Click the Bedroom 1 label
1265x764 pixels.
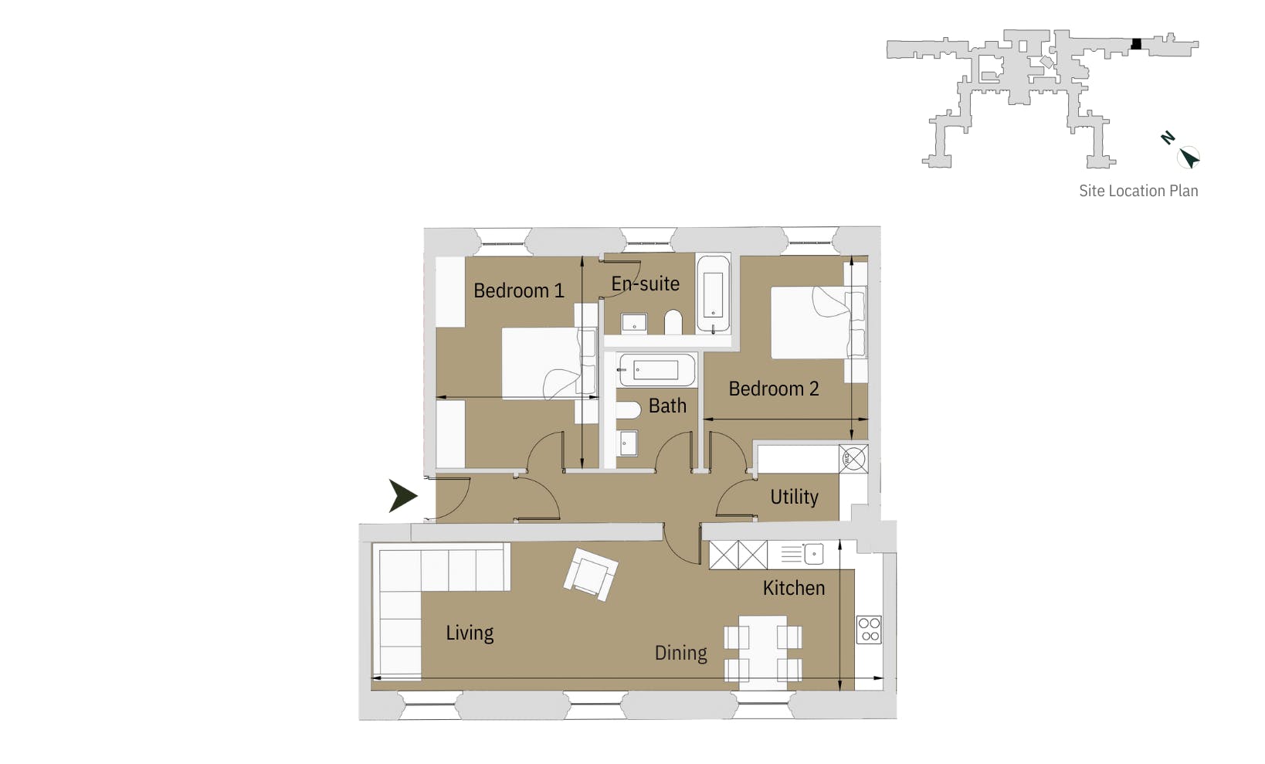[x=518, y=291]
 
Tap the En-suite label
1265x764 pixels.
[x=645, y=284]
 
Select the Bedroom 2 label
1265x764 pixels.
[x=773, y=389]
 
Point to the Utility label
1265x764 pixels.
[x=794, y=497]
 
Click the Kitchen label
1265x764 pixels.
[x=793, y=588]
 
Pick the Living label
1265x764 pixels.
[x=470, y=633]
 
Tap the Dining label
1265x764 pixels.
[x=680, y=653]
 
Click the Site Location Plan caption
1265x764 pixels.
[x=1138, y=191]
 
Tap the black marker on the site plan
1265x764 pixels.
[x=1135, y=44]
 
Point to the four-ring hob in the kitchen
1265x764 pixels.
[x=869, y=630]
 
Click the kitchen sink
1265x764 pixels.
[x=813, y=554]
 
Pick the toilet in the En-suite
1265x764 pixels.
[x=673, y=322]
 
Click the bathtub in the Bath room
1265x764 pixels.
[x=656, y=371]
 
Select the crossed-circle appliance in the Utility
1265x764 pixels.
[x=853, y=459]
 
